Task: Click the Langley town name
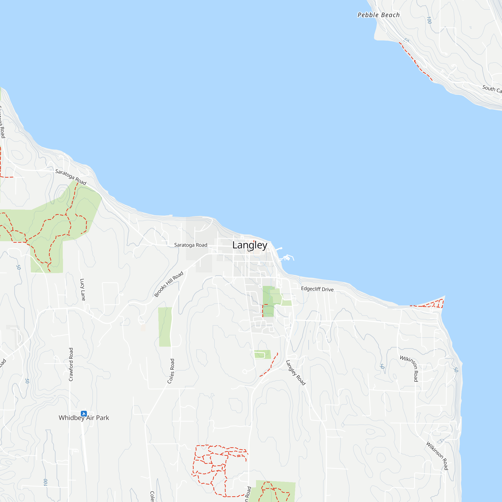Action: [249, 245]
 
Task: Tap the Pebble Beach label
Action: [378, 15]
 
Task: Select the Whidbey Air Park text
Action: [84, 418]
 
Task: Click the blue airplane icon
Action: [84, 413]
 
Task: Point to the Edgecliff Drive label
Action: [317, 289]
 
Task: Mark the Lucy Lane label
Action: [83, 290]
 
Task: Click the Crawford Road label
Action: [71, 364]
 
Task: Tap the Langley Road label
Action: [295, 372]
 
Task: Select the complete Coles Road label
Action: [171, 371]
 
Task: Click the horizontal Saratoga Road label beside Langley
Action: [191, 245]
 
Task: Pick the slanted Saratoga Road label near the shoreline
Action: [71, 177]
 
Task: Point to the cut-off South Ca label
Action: [492, 89]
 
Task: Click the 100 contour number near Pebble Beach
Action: [429, 20]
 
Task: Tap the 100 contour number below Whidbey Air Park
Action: [46, 482]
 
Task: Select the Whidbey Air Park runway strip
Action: [84, 444]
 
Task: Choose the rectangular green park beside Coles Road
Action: [165, 327]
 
